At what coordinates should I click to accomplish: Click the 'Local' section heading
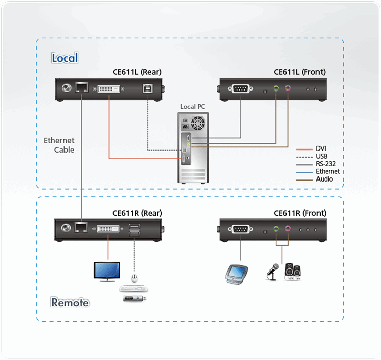65,57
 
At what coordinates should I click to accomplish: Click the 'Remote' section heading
70,303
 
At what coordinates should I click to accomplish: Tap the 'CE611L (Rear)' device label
137,72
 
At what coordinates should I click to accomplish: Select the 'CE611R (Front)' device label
300,213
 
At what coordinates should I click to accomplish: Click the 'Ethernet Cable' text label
59,145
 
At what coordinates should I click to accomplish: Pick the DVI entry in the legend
321,148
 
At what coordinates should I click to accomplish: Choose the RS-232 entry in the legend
326,164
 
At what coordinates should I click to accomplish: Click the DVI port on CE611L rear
109,88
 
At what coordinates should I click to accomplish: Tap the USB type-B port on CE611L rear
147,88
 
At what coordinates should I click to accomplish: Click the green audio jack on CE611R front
276,230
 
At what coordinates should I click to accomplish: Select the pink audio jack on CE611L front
288,89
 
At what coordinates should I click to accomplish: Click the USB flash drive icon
135,299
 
